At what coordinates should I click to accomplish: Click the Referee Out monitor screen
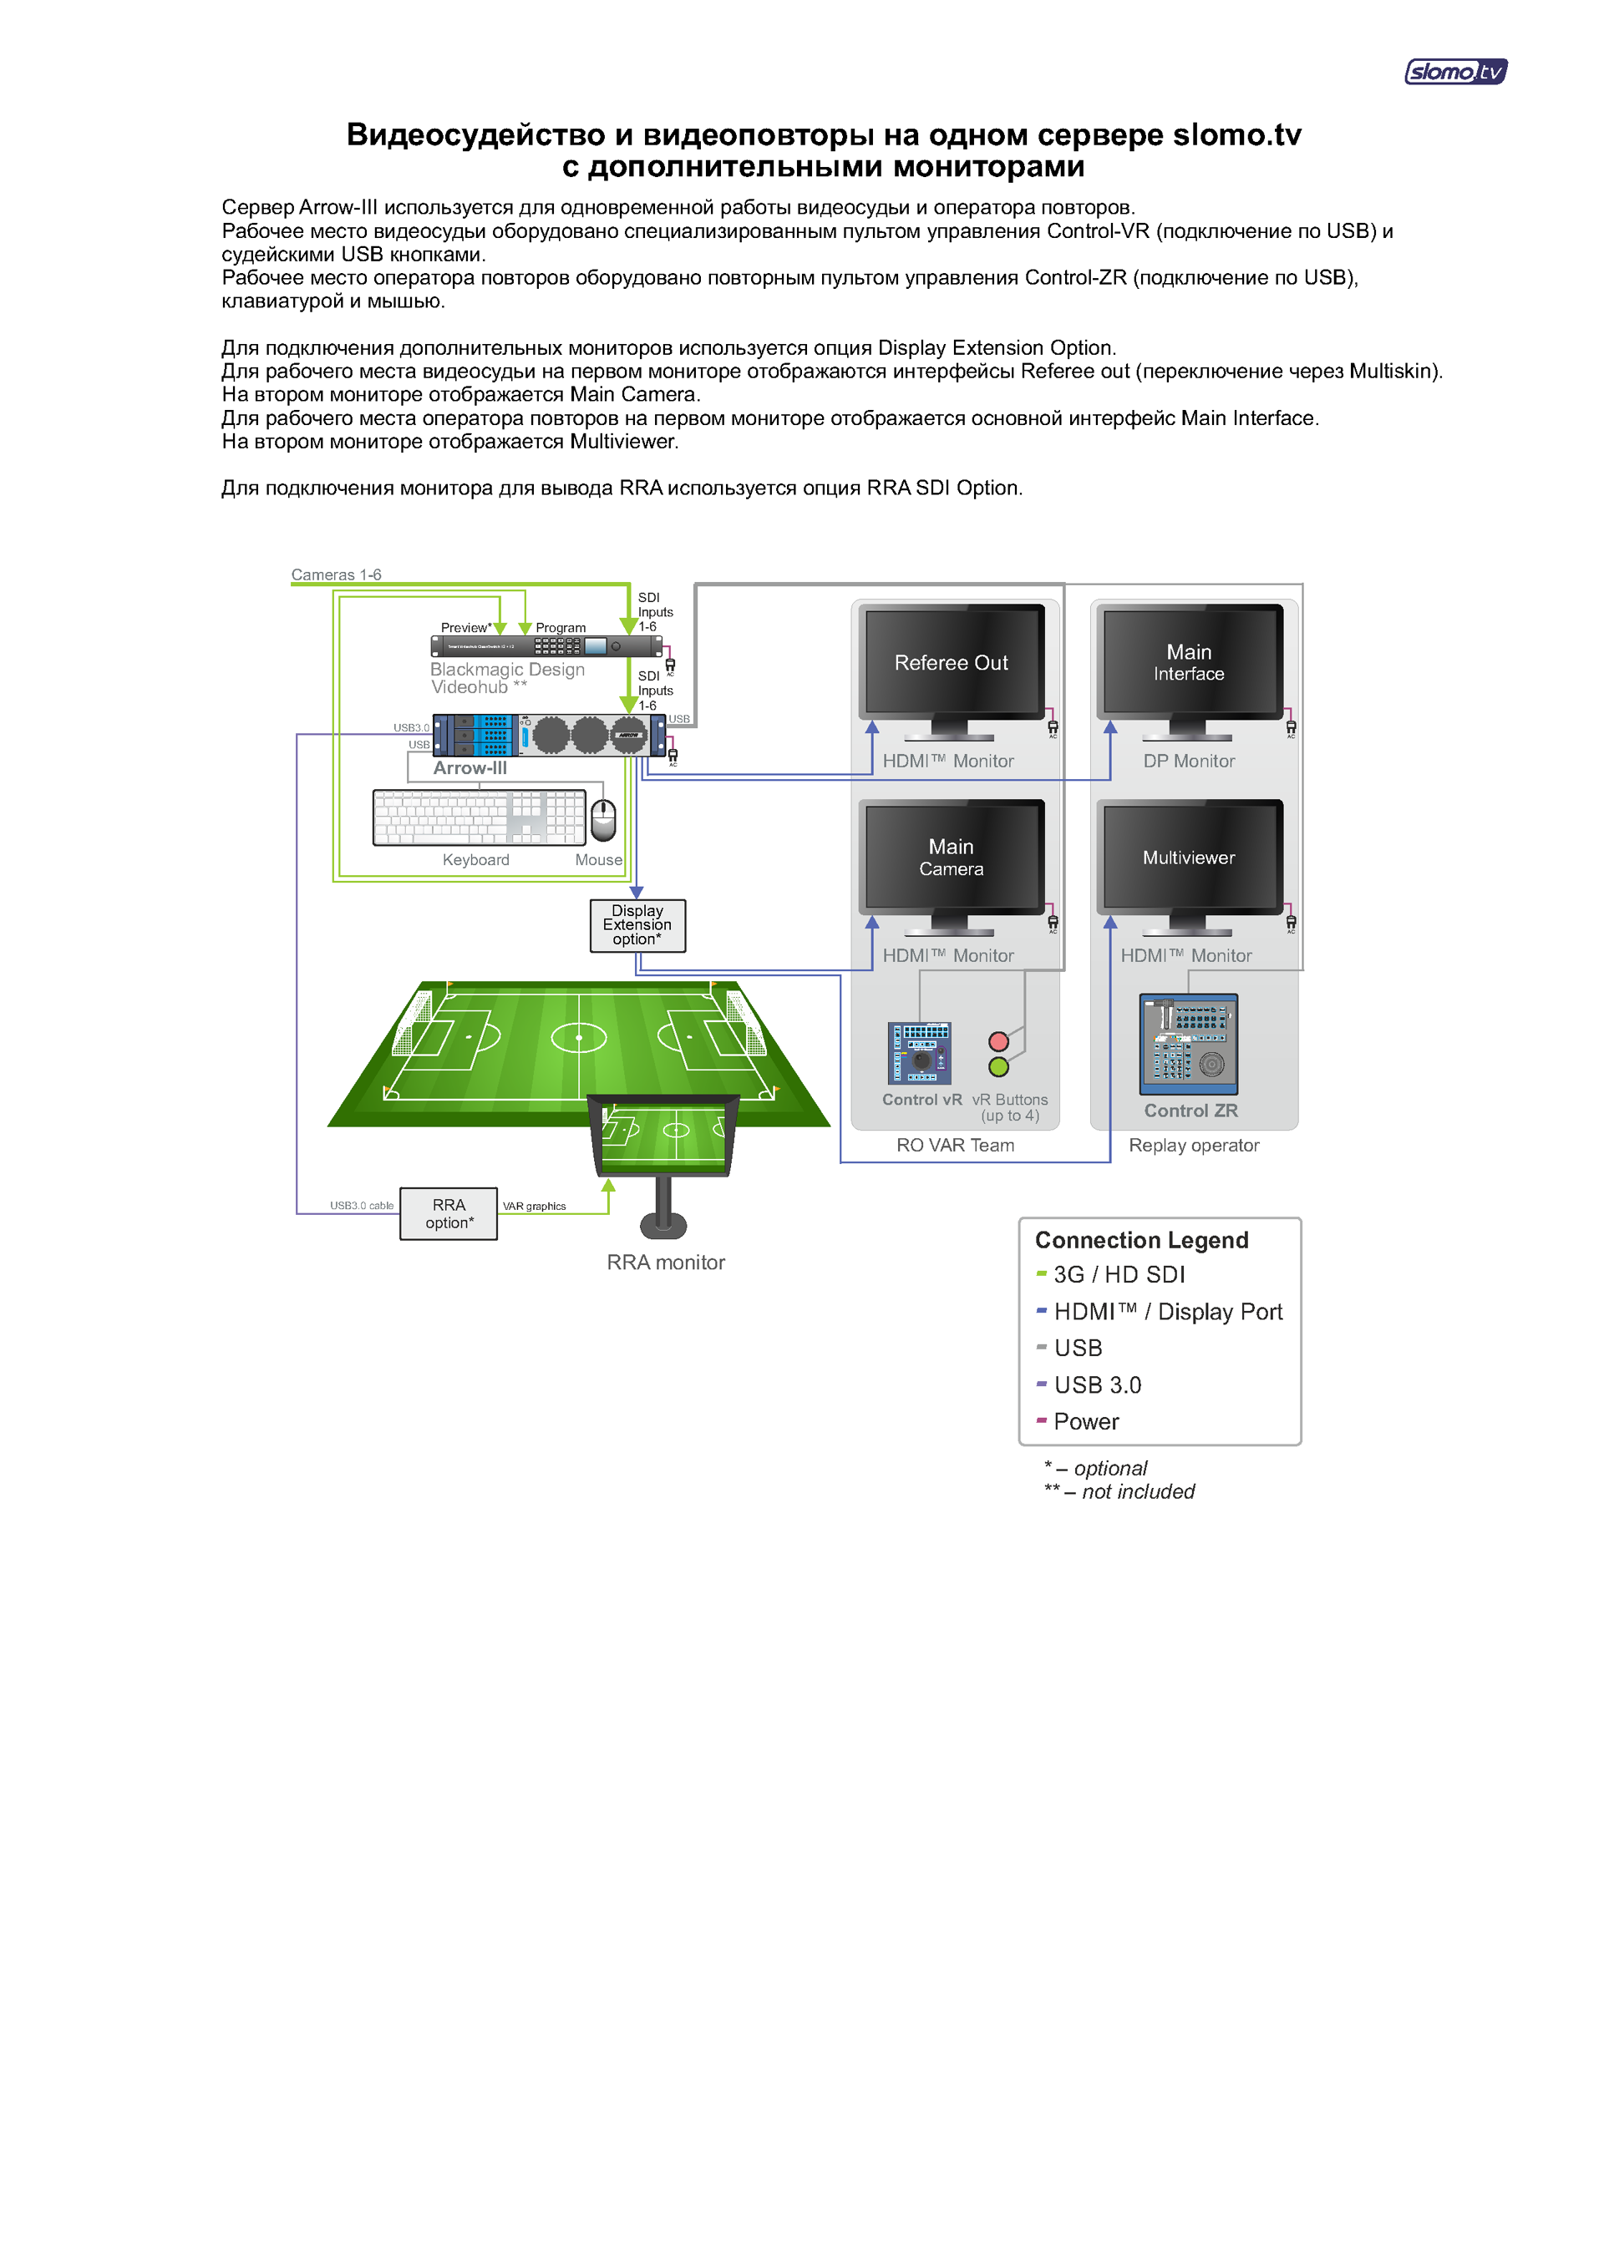point(952,661)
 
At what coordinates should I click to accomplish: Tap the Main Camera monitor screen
point(952,857)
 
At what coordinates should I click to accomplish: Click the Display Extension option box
point(637,925)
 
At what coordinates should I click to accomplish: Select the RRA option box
point(449,1213)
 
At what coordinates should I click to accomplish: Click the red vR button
point(998,1041)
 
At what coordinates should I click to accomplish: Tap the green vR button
point(998,1067)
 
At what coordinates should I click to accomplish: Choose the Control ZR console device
point(1188,1044)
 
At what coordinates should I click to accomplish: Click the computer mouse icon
point(602,818)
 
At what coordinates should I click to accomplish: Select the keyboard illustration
point(479,817)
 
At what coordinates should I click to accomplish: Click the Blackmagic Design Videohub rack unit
point(546,646)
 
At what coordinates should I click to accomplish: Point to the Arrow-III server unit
point(549,735)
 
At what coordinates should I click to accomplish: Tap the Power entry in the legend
point(1085,1422)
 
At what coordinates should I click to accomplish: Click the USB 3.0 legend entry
point(1096,1385)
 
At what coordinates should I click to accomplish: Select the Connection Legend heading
point(1141,1240)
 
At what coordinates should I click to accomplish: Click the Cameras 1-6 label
point(336,574)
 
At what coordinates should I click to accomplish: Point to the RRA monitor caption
point(666,1262)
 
